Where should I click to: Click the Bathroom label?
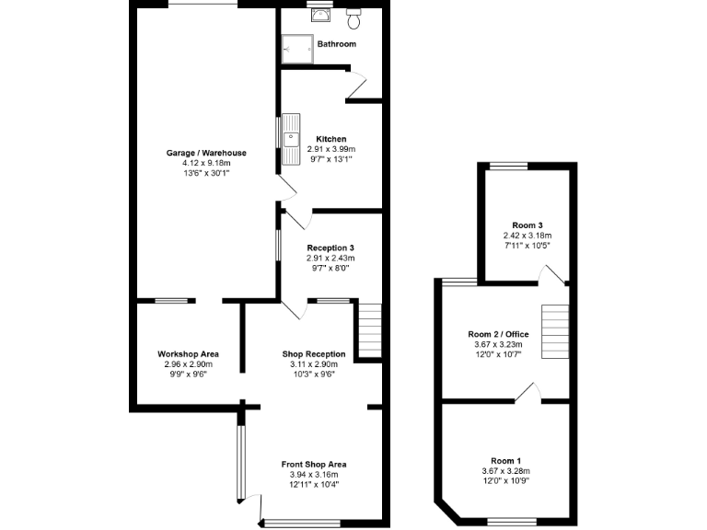pyautogui.click(x=336, y=44)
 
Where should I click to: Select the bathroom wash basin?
pyautogui.click(x=321, y=14)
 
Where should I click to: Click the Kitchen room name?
pyautogui.click(x=330, y=139)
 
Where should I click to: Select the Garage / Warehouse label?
pyautogui.click(x=206, y=153)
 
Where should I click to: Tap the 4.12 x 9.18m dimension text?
pyautogui.click(x=206, y=163)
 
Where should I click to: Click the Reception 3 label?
pyautogui.click(x=330, y=248)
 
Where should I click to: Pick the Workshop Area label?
pyautogui.click(x=188, y=353)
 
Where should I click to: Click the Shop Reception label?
pyautogui.click(x=314, y=353)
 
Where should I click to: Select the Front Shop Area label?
pyautogui.click(x=314, y=464)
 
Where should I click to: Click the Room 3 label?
pyautogui.click(x=527, y=225)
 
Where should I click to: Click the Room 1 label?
pyautogui.click(x=506, y=461)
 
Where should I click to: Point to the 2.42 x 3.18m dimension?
pyautogui.click(x=527, y=236)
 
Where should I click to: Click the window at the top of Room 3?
pyautogui.click(x=507, y=167)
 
